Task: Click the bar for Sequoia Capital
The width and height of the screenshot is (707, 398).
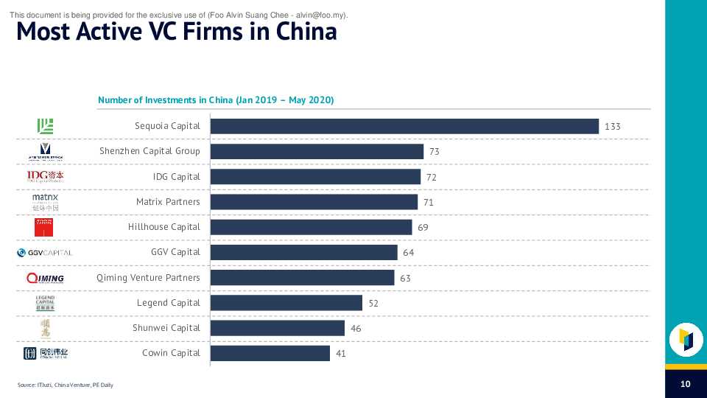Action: [404, 126]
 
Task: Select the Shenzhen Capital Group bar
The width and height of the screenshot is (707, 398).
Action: [317, 151]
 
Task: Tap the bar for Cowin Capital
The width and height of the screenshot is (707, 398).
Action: [270, 353]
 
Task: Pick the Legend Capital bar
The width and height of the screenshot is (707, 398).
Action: [286, 303]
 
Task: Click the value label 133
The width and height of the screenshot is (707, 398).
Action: [613, 127]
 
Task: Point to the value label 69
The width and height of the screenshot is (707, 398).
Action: [423, 228]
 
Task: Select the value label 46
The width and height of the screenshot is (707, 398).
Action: [356, 329]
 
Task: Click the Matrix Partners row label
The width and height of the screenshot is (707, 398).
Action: [168, 202]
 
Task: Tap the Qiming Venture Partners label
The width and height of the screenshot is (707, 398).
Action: [148, 278]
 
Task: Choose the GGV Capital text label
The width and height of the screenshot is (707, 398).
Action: [175, 252]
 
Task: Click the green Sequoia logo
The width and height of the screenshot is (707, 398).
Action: [45, 126]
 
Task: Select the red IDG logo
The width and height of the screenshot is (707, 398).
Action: [45, 176]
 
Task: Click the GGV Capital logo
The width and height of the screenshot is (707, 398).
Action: [45, 253]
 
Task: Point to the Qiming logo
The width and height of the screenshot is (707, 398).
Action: [45, 278]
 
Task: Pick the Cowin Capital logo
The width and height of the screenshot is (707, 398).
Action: [45, 354]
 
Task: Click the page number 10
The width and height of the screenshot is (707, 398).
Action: [685, 384]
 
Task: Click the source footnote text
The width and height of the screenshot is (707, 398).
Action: [66, 385]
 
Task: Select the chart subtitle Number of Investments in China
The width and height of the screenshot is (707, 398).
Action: [216, 100]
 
